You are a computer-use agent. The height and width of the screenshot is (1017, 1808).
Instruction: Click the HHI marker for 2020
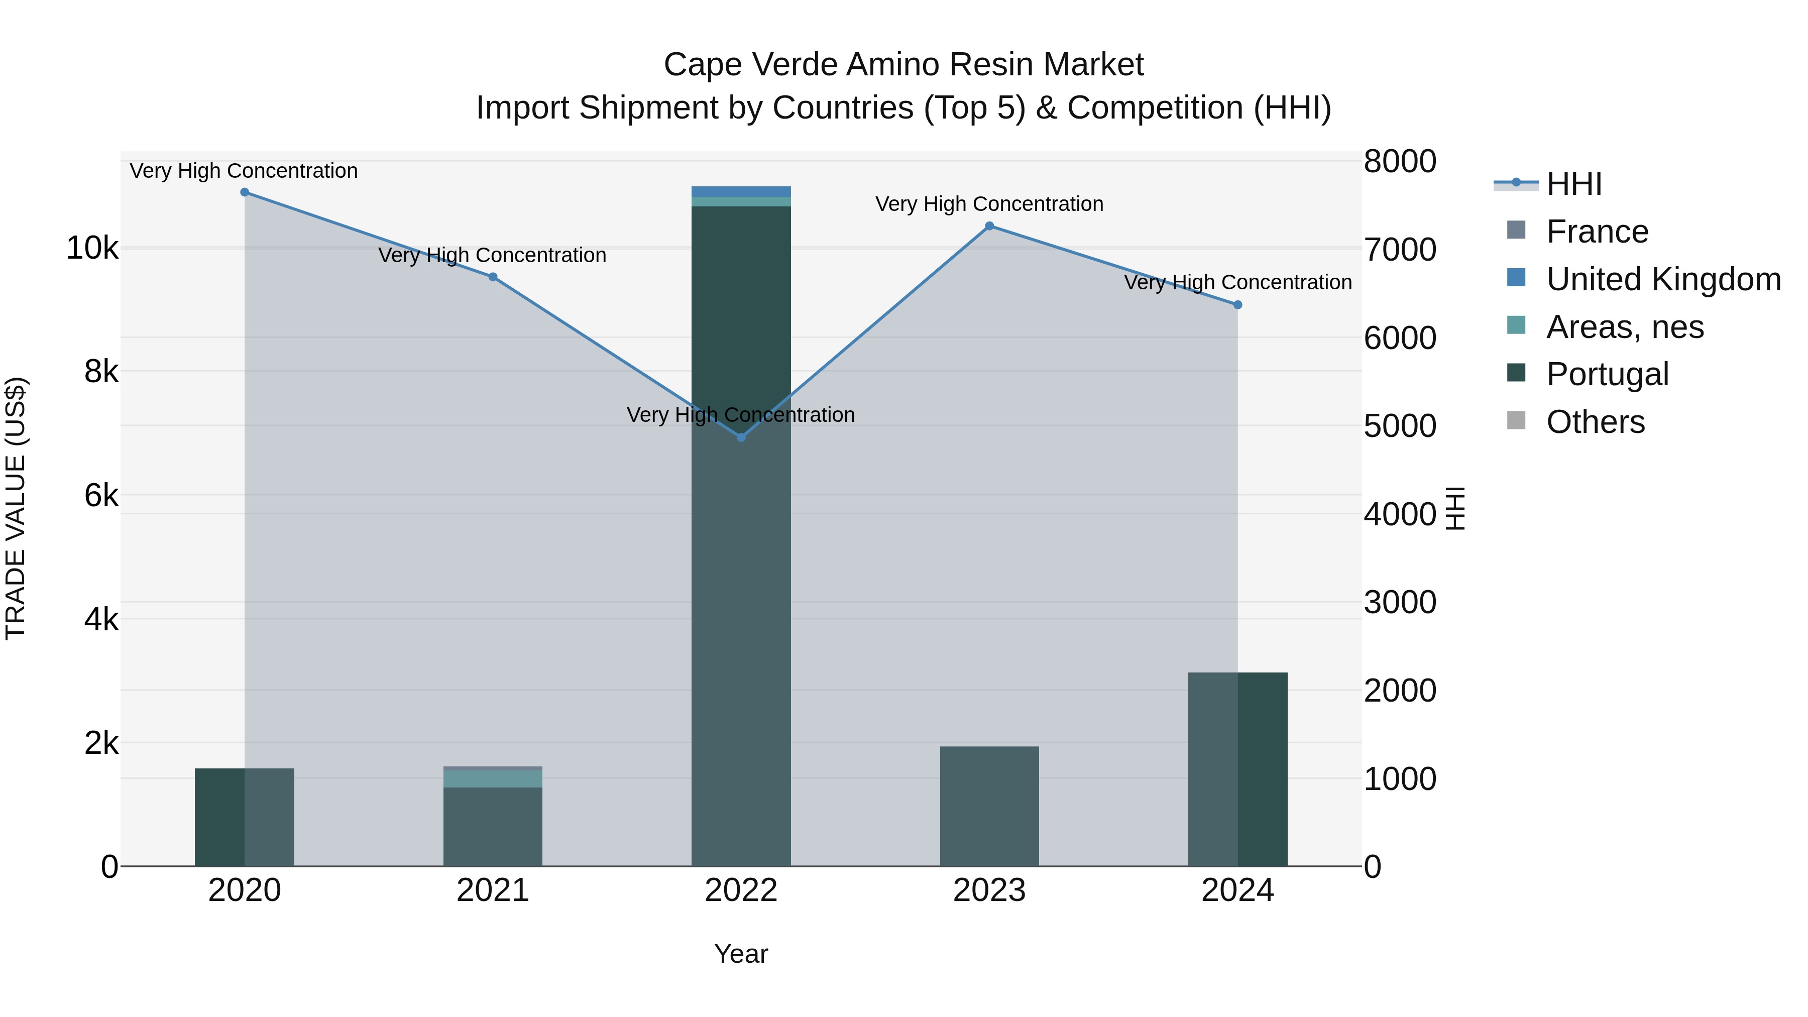[244, 192]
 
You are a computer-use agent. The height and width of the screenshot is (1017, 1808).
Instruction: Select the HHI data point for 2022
[741, 437]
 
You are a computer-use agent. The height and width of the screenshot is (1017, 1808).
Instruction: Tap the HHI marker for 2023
[989, 226]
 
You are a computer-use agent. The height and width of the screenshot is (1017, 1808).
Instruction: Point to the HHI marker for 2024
[1237, 305]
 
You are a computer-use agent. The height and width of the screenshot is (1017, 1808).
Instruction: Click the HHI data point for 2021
[493, 277]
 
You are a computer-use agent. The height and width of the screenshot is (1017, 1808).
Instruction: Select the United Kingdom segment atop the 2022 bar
[741, 192]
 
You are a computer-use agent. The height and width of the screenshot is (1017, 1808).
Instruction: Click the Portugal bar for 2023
[989, 807]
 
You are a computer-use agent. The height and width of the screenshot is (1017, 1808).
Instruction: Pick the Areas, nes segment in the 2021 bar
[493, 779]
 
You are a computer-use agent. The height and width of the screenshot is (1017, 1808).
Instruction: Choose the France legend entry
[1597, 232]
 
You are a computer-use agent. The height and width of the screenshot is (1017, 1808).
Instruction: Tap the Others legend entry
[1595, 422]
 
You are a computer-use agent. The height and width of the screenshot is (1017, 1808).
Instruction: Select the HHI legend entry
[1573, 184]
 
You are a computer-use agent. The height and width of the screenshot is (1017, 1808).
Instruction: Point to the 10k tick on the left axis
[92, 249]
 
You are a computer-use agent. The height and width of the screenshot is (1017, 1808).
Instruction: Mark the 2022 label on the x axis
[741, 890]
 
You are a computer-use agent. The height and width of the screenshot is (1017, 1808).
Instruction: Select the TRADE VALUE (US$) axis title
[16, 508]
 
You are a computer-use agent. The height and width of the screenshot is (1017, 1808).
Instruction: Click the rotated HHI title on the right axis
[1455, 508]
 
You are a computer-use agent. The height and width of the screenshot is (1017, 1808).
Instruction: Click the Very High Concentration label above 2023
[989, 204]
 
